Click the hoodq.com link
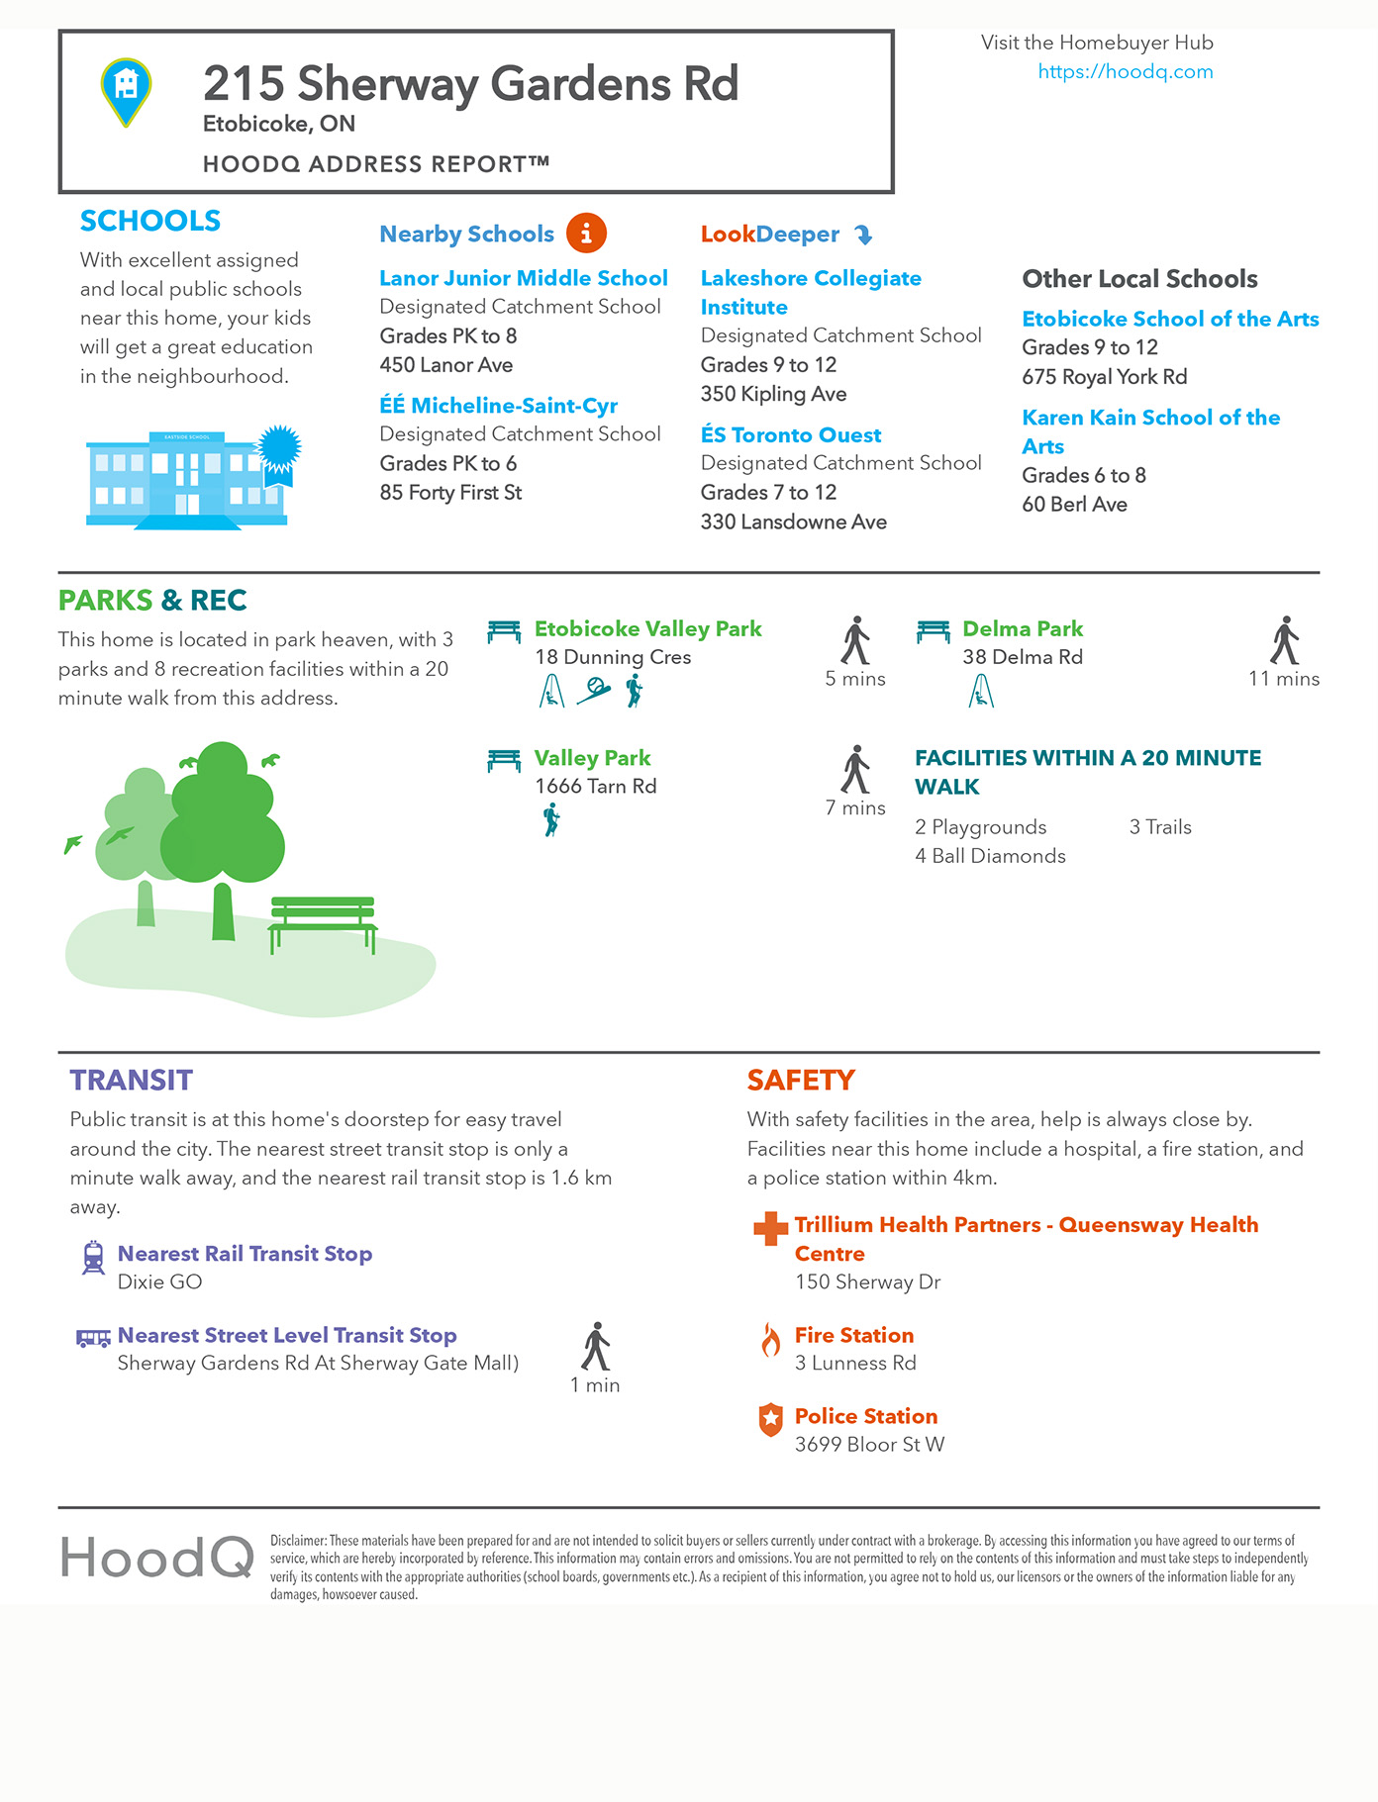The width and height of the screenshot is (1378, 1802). point(1125,71)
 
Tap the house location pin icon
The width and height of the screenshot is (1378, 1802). point(126,90)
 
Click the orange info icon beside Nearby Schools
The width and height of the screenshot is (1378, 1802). point(586,234)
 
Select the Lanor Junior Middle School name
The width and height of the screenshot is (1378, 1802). point(523,278)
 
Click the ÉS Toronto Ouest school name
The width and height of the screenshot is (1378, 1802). point(790,435)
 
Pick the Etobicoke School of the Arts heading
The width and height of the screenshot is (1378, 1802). point(1169,319)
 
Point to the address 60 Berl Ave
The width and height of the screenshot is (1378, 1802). point(1074,505)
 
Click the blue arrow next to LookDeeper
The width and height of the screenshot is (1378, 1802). point(863,235)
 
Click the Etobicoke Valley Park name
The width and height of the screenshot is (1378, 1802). point(647,629)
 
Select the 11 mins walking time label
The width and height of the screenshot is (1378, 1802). point(1283,679)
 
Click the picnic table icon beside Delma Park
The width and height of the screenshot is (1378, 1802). point(933,630)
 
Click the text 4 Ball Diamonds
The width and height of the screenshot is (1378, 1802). point(990,856)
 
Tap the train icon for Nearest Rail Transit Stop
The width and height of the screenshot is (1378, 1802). point(93,1257)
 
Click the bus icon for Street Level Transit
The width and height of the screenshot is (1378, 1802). point(93,1338)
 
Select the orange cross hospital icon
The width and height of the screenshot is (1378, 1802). point(770,1228)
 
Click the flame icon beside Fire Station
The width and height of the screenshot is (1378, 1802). point(770,1340)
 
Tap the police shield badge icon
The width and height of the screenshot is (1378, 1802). point(770,1420)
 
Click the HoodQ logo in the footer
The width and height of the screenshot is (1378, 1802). point(156,1558)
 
